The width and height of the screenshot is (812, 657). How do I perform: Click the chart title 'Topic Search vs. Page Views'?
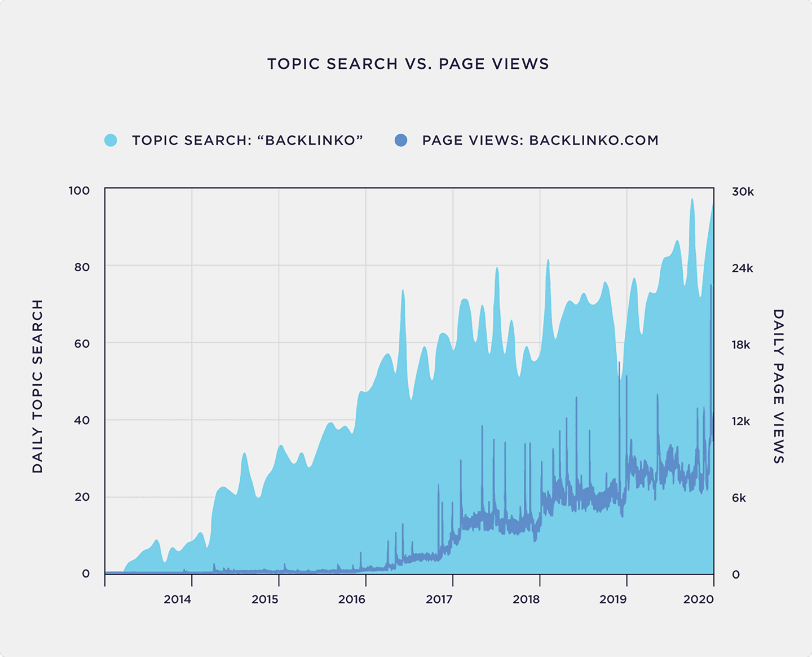(x=408, y=64)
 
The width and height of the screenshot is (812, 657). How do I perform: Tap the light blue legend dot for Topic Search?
(x=111, y=140)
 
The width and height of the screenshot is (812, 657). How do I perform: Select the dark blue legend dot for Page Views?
(x=401, y=140)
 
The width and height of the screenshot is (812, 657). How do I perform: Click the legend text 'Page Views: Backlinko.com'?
(x=540, y=140)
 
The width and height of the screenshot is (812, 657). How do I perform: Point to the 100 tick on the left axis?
(x=80, y=191)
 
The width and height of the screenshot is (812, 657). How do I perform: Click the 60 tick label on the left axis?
(x=82, y=343)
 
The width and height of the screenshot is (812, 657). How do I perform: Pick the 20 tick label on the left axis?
(x=82, y=497)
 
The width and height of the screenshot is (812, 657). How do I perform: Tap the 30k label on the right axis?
(x=743, y=192)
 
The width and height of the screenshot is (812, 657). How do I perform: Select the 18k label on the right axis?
(x=741, y=345)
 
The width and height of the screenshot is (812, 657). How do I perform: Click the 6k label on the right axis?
(x=739, y=498)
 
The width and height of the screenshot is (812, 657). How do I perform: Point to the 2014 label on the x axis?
(x=177, y=599)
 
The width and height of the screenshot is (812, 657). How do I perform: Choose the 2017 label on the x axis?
(x=439, y=599)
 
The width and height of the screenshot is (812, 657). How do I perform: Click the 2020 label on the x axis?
(x=698, y=599)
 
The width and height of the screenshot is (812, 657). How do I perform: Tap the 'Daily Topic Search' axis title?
(x=38, y=386)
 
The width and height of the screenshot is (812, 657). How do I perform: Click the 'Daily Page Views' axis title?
(x=778, y=386)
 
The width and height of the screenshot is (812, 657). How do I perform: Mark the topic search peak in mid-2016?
(x=403, y=291)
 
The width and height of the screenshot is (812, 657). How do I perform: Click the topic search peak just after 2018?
(x=548, y=261)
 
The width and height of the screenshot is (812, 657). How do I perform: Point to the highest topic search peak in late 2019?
(x=692, y=200)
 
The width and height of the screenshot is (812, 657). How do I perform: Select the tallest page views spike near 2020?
(x=711, y=286)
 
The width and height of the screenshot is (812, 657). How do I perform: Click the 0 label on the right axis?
(x=736, y=575)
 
